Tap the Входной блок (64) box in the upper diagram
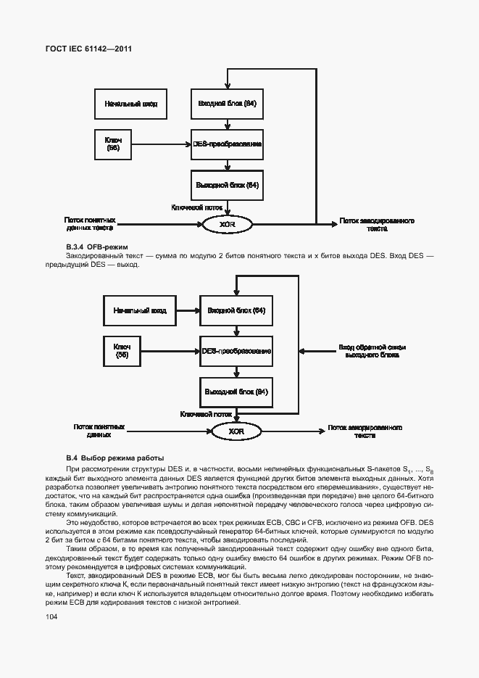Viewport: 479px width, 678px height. point(227,104)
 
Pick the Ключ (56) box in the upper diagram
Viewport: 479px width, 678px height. point(113,144)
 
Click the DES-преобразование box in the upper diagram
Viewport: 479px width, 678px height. point(227,144)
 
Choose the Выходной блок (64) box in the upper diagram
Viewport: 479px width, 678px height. point(227,185)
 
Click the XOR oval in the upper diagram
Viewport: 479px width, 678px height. point(227,224)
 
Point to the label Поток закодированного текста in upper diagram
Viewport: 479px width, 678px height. point(377,224)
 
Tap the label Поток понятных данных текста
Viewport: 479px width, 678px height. point(90,224)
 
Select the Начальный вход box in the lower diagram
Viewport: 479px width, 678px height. point(140,310)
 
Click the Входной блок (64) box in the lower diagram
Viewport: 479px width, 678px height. point(236,310)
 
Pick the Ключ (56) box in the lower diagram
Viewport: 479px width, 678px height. point(122,351)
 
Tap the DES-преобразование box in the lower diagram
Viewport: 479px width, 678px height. point(236,351)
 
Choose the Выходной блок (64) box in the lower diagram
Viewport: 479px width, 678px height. point(236,392)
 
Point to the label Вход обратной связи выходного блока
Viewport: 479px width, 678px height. point(372,352)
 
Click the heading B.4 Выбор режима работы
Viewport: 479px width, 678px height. point(114,458)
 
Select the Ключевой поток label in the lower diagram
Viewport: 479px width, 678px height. point(207,414)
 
